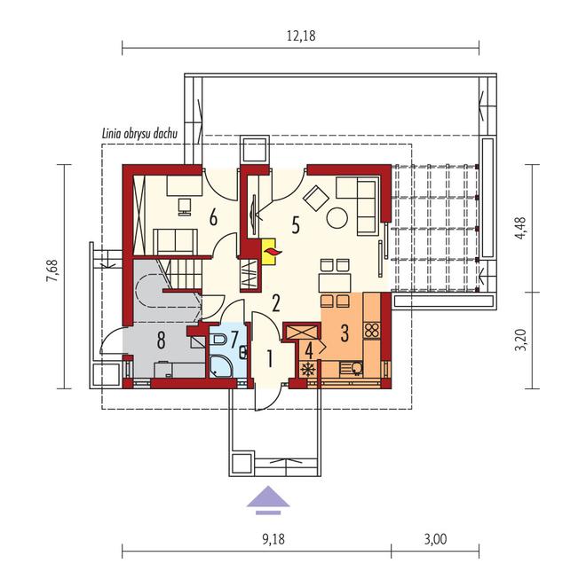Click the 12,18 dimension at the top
[x=301, y=36]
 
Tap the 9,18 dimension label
[x=273, y=539]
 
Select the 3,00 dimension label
[x=435, y=539]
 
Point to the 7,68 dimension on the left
[x=52, y=270]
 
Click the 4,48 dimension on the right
[x=521, y=229]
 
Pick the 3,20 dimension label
[x=521, y=340]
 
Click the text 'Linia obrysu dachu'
[x=139, y=134]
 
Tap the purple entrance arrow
[x=268, y=500]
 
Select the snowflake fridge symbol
[x=308, y=370]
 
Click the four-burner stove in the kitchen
[x=372, y=330]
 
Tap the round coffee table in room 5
[x=337, y=218]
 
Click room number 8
[x=161, y=340]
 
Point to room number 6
[x=213, y=217]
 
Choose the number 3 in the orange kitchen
[x=344, y=333]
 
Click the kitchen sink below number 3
[x=352, y=369]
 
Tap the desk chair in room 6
[x=185, y=207]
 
